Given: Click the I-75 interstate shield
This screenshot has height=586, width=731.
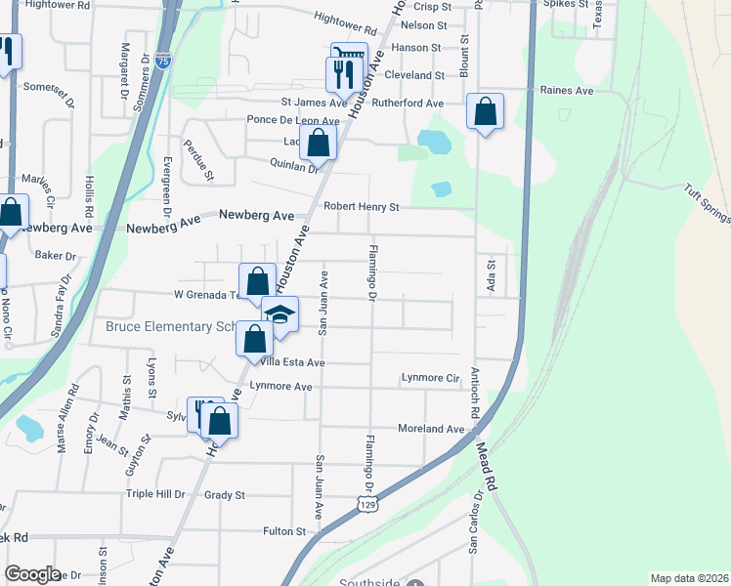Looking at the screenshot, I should click(x=163, y=61).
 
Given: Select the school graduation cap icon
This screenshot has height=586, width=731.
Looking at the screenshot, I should click(x=280, y=315).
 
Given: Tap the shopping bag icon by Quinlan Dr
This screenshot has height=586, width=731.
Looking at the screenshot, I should click(x=319, y=143).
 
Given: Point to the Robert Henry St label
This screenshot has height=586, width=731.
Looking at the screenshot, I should click(x=363, y=207).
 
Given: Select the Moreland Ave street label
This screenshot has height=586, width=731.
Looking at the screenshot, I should click(x=430, y=429).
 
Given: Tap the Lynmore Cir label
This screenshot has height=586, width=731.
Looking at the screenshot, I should click(x=430, y=378).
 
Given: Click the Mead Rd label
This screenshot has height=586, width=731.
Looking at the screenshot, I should click(x=488, y=467).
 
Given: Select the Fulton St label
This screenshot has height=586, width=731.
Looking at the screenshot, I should click(x=284, y=532).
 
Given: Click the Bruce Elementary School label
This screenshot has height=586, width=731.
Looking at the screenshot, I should click(x=172, y=327).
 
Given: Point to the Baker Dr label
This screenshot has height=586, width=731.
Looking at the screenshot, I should click(x=56, y=256).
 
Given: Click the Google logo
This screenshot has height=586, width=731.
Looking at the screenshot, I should click(x=31, y=574).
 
